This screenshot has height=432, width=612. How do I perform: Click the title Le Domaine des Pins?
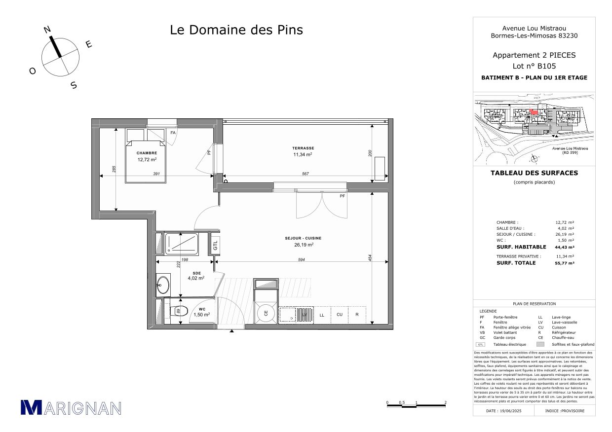[x=236, y=30]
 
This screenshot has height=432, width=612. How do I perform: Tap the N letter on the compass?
[x=47, y=30]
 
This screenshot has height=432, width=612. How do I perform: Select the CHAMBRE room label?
[x=147, y=153]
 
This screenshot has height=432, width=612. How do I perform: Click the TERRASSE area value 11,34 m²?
[x=303, y=154]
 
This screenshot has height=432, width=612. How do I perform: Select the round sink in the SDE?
[x=162, y=284]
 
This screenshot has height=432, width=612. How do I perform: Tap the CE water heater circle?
[x=266, y=313]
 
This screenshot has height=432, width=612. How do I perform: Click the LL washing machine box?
[x=322, y=314]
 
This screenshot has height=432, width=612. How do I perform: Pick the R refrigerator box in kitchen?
[x=356, y=314]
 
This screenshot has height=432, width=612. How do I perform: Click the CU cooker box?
[x=339, y=314]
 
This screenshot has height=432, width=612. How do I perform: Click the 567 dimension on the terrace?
[x=305, y=173]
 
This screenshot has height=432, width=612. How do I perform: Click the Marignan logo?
[x=71, y=407]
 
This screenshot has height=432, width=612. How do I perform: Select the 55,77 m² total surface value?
[x=565, y=263]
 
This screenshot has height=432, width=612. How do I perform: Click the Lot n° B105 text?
[x=534, y=66]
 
